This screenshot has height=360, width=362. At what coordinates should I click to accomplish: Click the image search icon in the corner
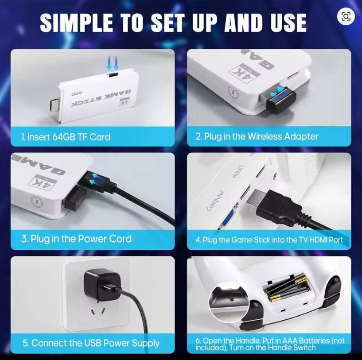pyautogui.click(x=346, y=16)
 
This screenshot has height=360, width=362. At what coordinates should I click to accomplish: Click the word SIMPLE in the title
pyautogui.click(x=77, y=23)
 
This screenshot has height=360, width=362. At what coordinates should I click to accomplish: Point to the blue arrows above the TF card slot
pyautogui.click(x=113, y=63)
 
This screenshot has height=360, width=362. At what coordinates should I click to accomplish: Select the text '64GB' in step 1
pyautogui.click(x=64, y=137)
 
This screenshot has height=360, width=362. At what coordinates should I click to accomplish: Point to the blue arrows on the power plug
pyautogui.click(x=97, y=179)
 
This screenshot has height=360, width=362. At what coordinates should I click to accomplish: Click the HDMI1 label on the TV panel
pyautogui.click(x=238, y=171)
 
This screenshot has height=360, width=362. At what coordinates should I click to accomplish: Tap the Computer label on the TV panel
pyautogui.click(x=215, y=201)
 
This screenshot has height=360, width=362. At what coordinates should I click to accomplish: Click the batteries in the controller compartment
pyautogui.click(x=288, y=287)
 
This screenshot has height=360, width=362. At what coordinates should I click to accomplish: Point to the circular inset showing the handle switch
pyautogui.click(x=229, y=302)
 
